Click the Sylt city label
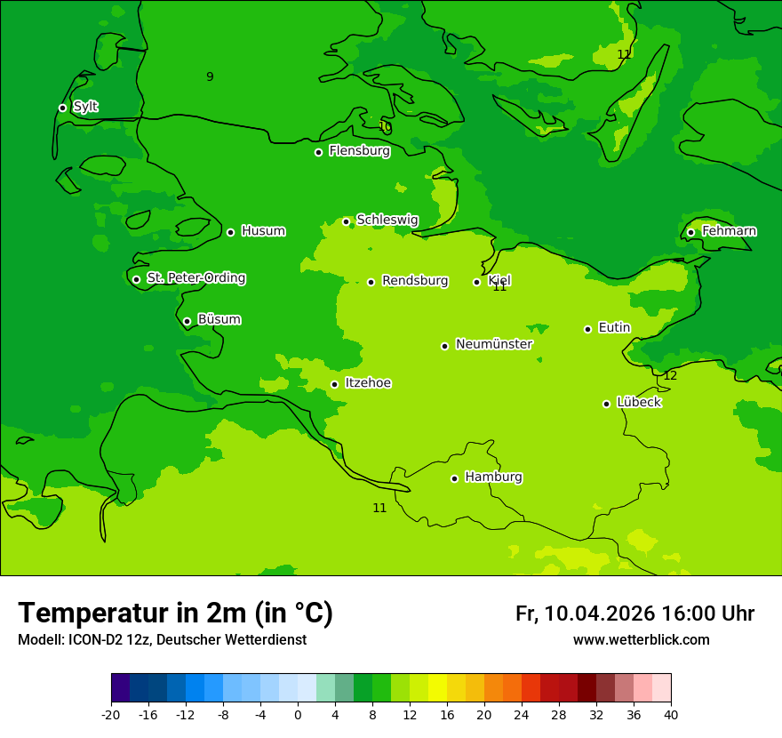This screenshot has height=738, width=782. point(85,107)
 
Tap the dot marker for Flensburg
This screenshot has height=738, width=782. point(318,152)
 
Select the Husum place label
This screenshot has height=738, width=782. point(263,231)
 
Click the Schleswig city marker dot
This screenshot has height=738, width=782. point(346,221)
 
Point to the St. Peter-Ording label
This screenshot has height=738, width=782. point(195,278)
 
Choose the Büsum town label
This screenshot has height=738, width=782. point(219,319)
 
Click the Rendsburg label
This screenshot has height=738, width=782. point(415,281)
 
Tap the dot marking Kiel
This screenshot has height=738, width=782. point(476,282)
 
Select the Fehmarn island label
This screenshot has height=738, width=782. point(729,231)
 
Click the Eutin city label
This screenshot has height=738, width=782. point(614,328)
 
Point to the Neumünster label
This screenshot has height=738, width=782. point(494,344)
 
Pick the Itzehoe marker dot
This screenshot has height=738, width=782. point(334,384)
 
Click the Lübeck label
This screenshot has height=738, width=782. point(638,402)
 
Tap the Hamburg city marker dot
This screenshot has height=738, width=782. point(454,478)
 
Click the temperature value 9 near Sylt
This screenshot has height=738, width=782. point(210,76)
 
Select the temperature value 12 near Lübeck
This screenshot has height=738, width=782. point(670,376)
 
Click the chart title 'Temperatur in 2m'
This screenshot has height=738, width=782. point(175,613)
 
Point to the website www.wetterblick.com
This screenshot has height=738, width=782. point(641,640)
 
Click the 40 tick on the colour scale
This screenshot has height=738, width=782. point(671,714)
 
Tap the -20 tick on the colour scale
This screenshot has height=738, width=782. point(111,714)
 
